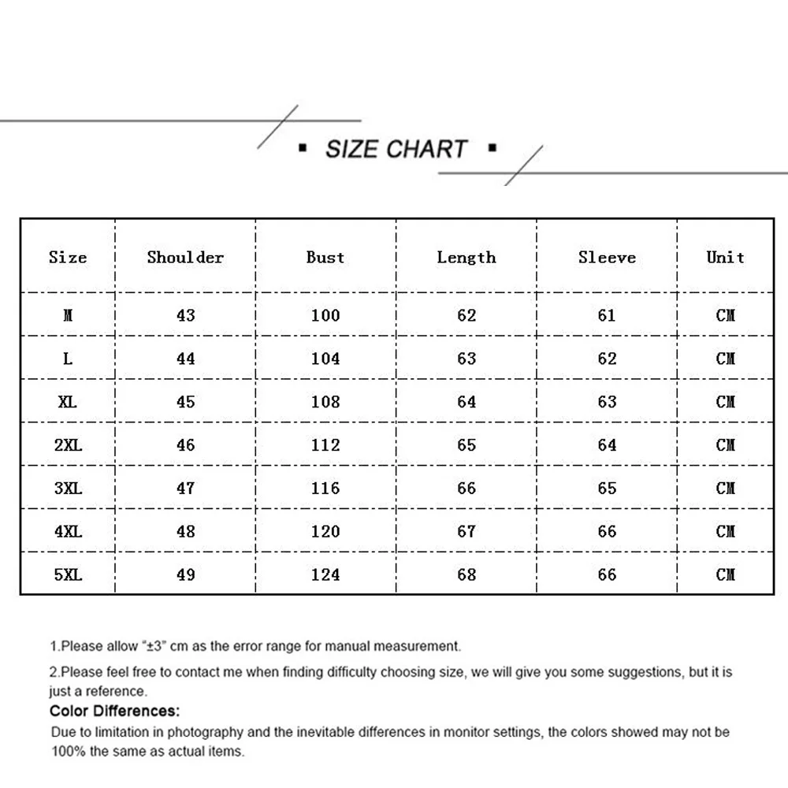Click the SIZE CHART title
pos(396,149)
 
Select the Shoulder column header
pos(185,257)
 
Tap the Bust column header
pos(325,257)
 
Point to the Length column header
pos(466,257)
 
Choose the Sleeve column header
pos(607,257)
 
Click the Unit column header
pos(725,257)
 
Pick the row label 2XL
pos(68,445)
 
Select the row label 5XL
pos(68,574)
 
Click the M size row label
pos(68,315)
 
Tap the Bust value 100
pos(325,315)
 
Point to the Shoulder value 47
pos(185,489)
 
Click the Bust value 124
pos(325,574)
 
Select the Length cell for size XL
pos(466,402)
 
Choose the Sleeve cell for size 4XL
pos(607,532)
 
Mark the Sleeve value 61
pos(607,315)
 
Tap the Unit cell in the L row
pos(725,359)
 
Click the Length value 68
pos(466,574)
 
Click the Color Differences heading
pos(114,712)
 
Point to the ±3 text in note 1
pos(154,646)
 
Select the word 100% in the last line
pos(69,751)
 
